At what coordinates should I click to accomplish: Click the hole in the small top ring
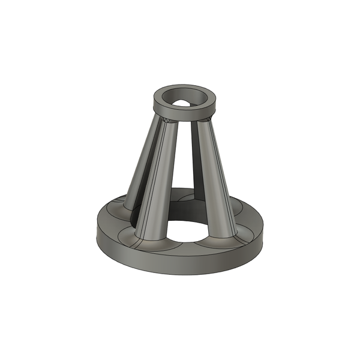[185, 97]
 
